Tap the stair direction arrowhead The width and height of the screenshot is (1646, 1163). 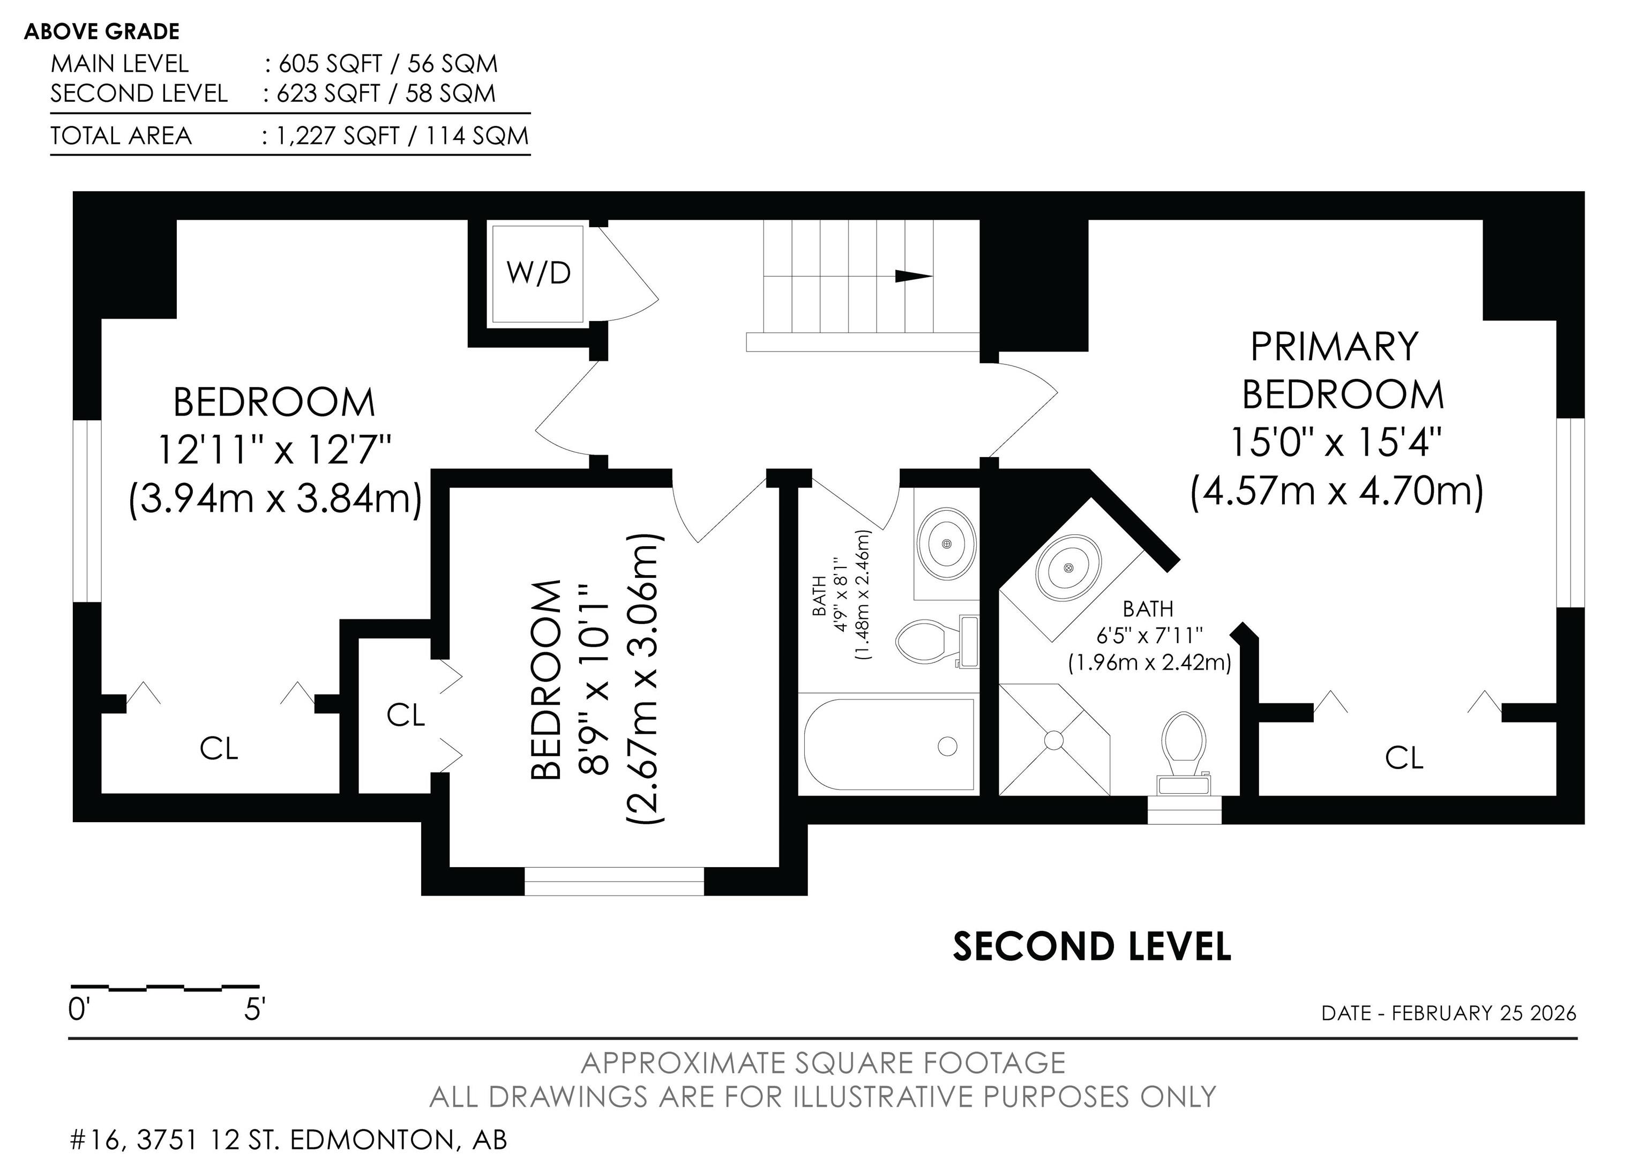[914, 276]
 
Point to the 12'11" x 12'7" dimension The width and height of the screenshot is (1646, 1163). [274, 450]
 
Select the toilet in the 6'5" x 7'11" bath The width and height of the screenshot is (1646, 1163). [1184, 754]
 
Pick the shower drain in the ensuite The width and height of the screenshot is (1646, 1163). [1054, 739]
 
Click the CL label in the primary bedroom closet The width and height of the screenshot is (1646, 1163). [1404, 758]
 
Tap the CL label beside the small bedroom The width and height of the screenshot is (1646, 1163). [406, 715]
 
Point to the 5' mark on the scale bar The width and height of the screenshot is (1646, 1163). [255, 1010]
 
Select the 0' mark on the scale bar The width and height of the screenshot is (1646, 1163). [78, 1010]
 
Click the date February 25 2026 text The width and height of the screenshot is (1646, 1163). [1484, 1013]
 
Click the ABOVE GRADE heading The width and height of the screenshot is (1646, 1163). [102, 32]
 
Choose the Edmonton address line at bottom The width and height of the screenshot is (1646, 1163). [288, 1140]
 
